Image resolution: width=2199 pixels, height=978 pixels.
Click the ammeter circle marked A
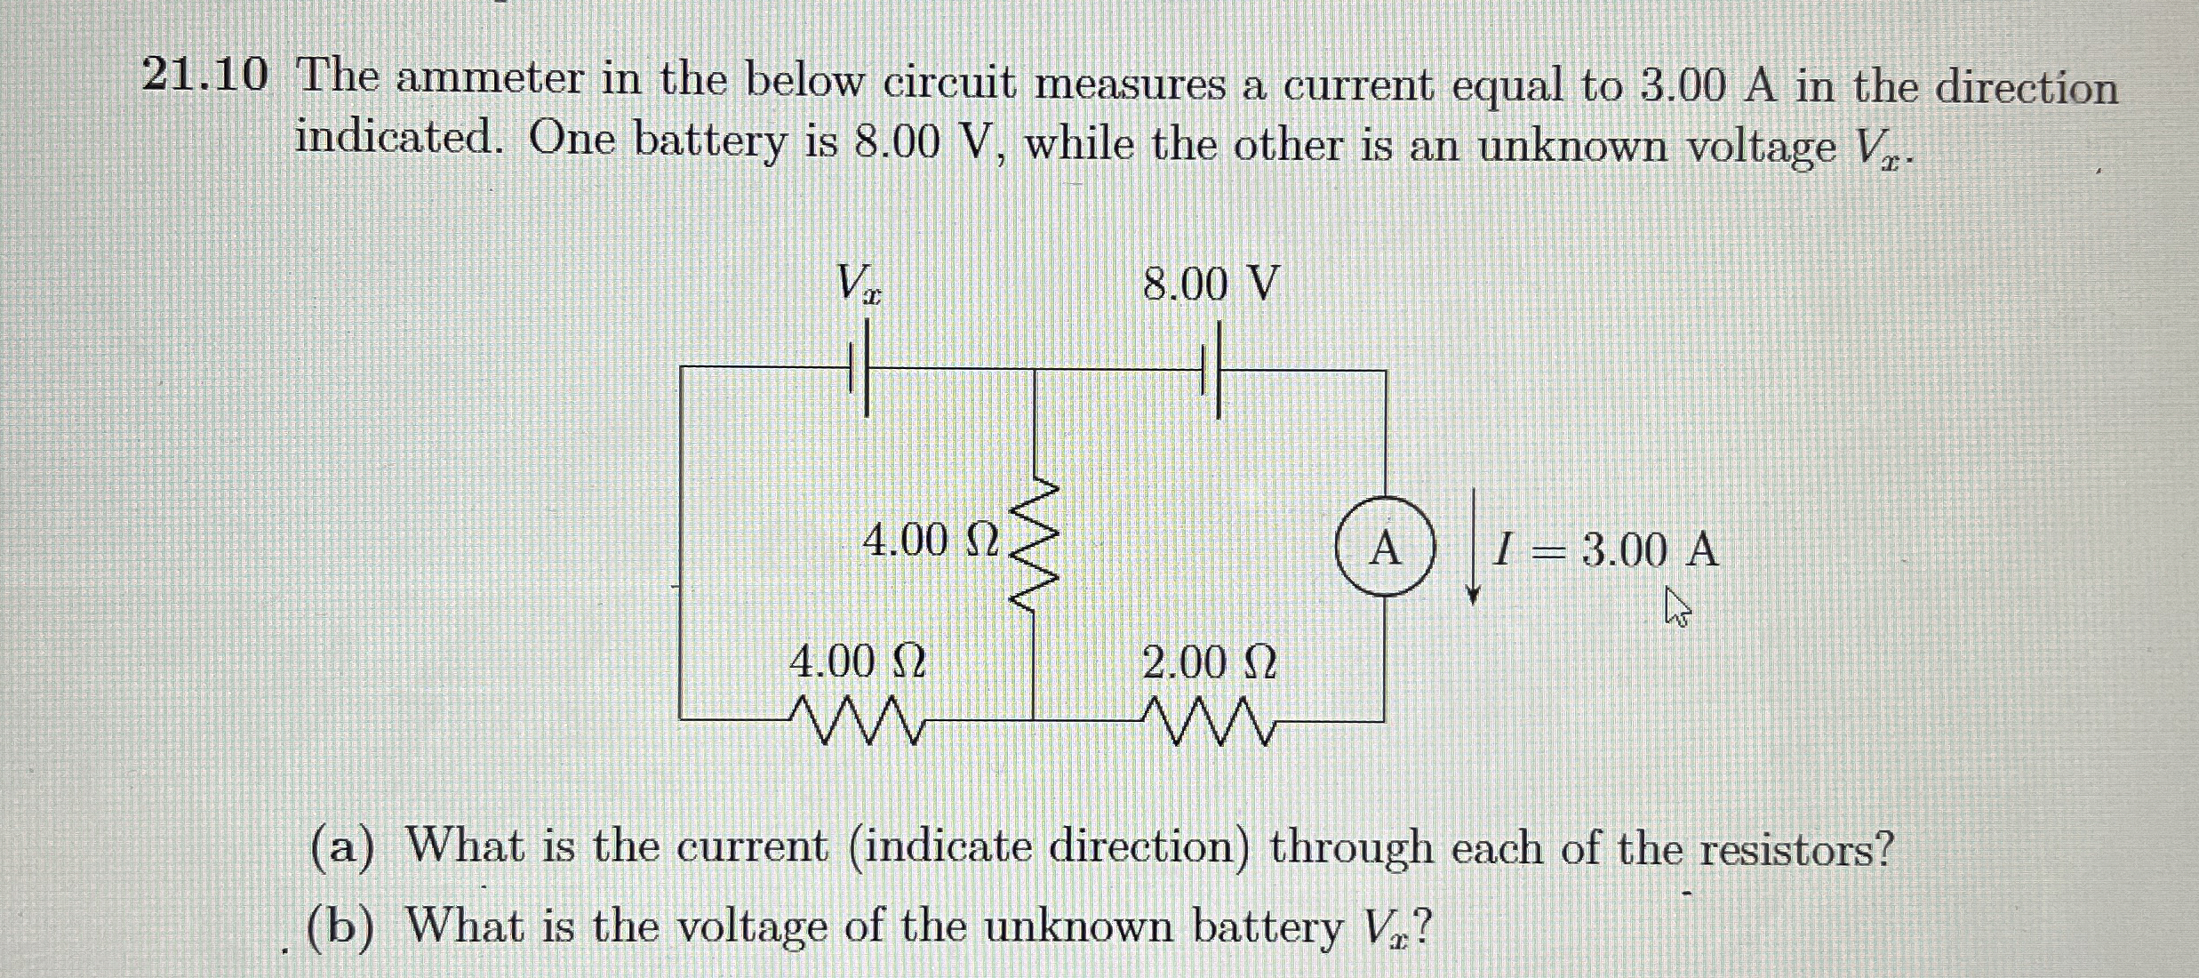(x=1385, y=547)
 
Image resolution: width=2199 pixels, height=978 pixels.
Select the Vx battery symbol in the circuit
(x=236, y=367)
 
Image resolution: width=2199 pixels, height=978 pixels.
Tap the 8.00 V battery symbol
(x=1211, y=370)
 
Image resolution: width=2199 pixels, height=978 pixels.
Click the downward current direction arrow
(x=1473, y=545)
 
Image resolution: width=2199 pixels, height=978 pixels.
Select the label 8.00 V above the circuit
(x=1211, y=285)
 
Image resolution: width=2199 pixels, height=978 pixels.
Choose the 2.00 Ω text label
(x=1209, y=662)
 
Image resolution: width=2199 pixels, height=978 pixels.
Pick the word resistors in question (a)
(x=1795, y=851)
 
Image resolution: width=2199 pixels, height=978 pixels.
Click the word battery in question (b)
(x=1266, y=927)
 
